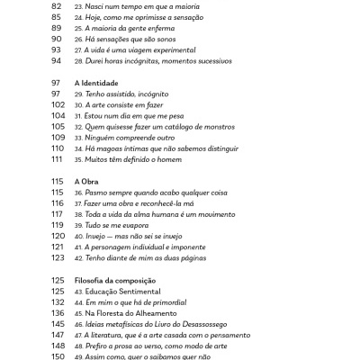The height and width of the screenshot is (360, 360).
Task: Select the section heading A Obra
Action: click(88, 180)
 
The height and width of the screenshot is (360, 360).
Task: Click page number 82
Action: click(57, 5)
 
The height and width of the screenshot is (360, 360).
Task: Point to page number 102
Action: click(58, 104)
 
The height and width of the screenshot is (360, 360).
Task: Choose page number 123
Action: click(58, 257)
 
